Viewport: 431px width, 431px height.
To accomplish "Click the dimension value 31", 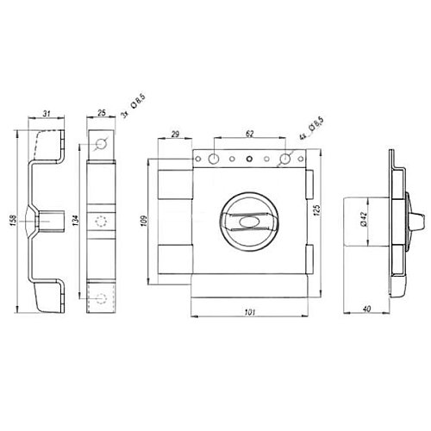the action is coord(47,114).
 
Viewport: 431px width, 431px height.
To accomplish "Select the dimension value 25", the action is coord(102,113).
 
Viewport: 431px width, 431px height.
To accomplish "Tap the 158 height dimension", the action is coord(13,220).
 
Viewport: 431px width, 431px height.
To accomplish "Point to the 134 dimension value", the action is coord(76,221).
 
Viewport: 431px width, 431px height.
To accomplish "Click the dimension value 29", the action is coord(175,134).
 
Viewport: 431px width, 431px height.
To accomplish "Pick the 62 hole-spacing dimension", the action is coord(250,134).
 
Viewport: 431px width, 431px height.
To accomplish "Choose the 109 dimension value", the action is coord(145,221).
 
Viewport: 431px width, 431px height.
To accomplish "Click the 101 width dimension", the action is coord(249,312).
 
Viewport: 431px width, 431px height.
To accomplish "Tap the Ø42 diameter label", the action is coord(363,219).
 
